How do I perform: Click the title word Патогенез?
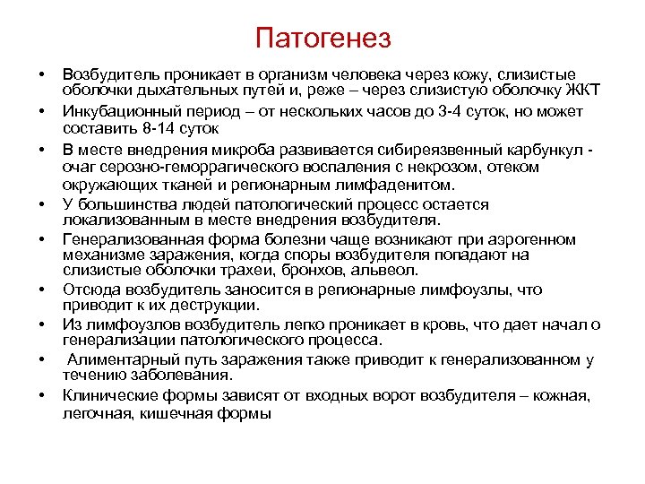tap(322, 39)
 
